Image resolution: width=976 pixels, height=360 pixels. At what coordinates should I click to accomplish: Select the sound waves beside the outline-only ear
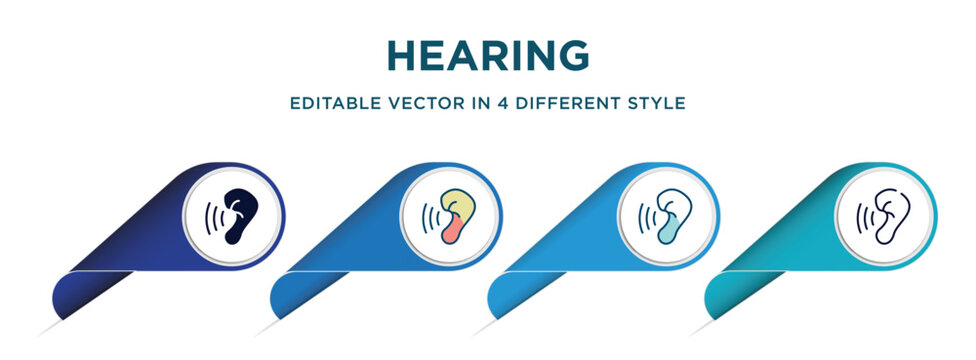(x=864, y=217)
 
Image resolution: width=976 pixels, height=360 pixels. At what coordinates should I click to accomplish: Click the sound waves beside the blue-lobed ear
(x=648, y=217)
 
